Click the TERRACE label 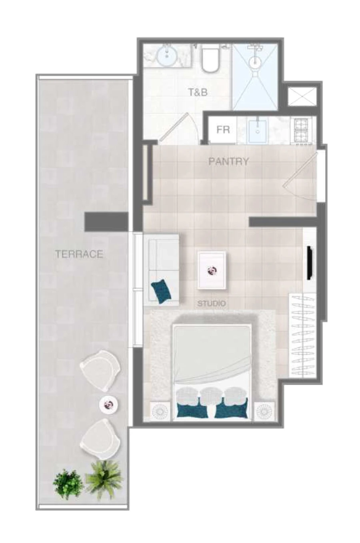click(79, 254)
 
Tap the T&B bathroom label click(198, 92)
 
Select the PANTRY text click(228, 162)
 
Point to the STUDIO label click(211, 304)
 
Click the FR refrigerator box click(223, 130)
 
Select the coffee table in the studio click(212, 270)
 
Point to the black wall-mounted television click(309, 263)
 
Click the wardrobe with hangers click(302, 334)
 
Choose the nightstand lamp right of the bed click(264, 411)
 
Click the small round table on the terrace click(108, 405)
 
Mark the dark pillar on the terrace click(106, 221)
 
